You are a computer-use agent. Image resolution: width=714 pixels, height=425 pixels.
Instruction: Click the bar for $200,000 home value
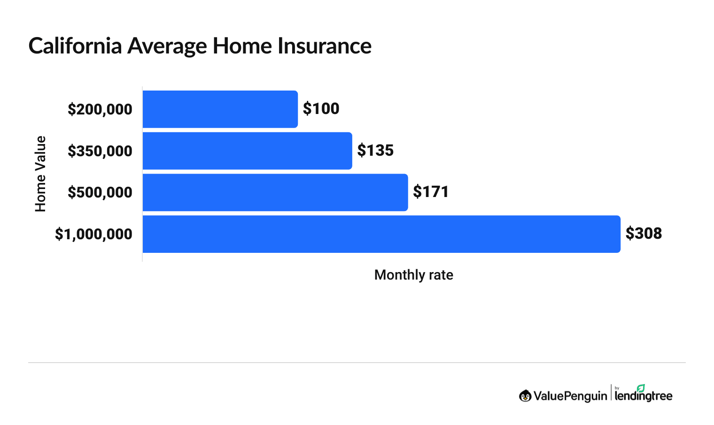click(x=220, y=109)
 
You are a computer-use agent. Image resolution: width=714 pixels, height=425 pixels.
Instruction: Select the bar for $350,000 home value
click(x=247, y=151)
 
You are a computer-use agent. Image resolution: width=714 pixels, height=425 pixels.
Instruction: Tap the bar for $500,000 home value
click(x=275, y=192)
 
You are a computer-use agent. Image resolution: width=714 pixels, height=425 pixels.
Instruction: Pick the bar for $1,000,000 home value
click(x=381, y=234)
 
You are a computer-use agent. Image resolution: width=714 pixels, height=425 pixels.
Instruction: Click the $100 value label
click(x=321, y=109)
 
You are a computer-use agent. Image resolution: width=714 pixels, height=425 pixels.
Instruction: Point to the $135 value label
click(x=375, y=151)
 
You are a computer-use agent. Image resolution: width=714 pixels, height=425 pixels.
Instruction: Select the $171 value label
click(x=431, y=192)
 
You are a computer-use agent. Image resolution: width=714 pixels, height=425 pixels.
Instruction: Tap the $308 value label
click(x=644, y=234)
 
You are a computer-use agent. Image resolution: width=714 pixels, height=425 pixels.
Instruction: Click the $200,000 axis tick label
click(x=100, y=109)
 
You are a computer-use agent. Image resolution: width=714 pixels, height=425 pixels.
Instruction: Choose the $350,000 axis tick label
click(x=100, y=151)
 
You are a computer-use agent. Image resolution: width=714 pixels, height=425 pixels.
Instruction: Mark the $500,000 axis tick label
click(x=100, y=192)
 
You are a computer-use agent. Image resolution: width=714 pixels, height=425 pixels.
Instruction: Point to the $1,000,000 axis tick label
click(x=93, y=234)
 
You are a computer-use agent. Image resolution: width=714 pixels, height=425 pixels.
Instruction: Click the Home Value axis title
click(x=40, y=174)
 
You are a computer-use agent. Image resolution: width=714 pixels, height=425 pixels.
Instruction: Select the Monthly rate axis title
click(x=413, y=275)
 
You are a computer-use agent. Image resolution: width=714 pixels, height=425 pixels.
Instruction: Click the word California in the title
click(x=75, y=46)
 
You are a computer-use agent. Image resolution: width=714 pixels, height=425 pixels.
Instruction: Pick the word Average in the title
click(x=167, y=46)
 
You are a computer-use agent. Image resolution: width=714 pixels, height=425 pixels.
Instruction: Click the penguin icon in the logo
click(x=525, y=396)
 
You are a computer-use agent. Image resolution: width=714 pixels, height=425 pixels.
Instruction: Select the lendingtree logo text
click(x=644, y=396)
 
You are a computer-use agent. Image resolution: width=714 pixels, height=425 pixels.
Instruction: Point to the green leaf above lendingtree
click(x=641, y=388)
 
